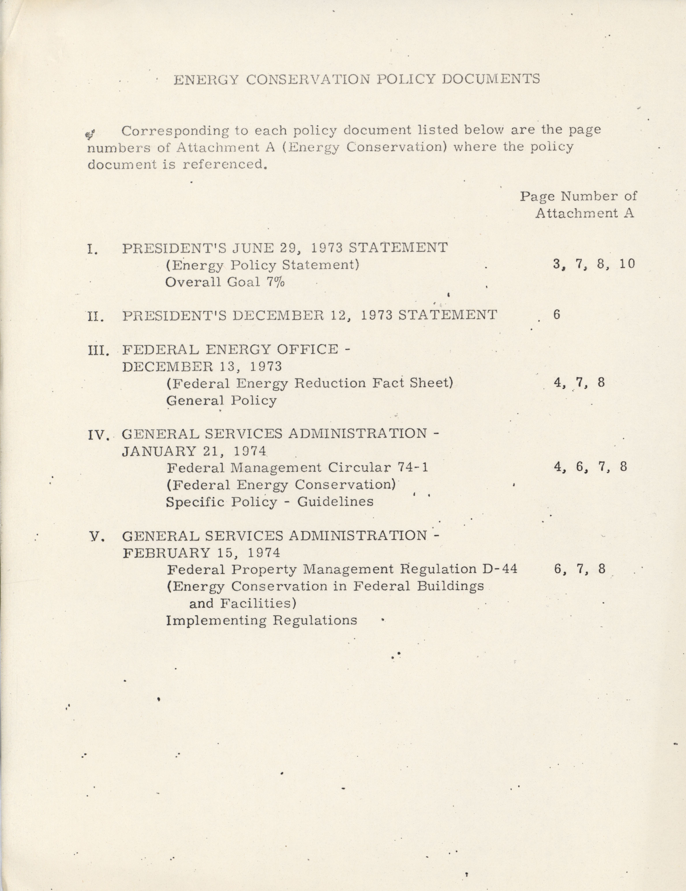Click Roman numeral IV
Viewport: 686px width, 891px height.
point(98,435)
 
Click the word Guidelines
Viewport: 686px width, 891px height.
point(335,501)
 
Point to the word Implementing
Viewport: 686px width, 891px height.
point(216,620)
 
